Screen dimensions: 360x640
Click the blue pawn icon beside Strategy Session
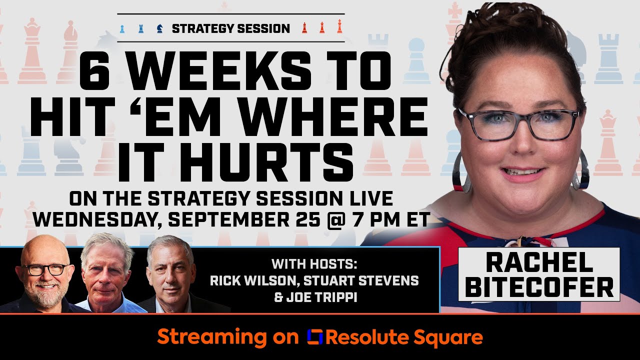[122, 28]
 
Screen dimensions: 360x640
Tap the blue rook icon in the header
[141, 28]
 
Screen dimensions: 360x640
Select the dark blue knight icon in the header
[159, 28]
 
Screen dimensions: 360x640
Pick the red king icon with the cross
[339, 26]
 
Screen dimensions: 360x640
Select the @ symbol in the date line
[338, 219]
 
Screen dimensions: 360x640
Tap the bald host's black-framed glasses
[46, 269]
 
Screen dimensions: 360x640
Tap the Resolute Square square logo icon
[314, 337]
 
